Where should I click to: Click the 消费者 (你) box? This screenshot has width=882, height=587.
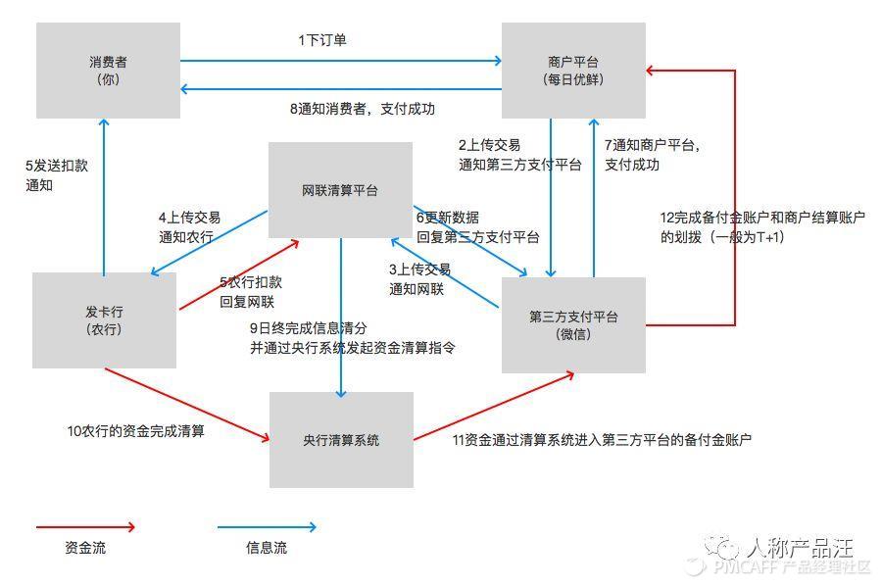tap(108, 71)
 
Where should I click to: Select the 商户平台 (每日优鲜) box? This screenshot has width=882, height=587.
tap(573, 71)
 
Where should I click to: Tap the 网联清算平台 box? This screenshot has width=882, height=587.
tap(340, 190)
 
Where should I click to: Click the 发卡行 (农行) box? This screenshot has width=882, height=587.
tap(104, 320)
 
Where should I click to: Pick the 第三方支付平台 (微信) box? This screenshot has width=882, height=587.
tap(573, 324)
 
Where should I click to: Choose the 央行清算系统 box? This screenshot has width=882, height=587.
tap(341, 440)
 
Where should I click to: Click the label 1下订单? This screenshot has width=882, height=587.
tap(322, 40)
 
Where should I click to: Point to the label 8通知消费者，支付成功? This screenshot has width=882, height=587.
tap(362, 109)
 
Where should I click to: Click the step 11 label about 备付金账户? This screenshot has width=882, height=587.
tap(602, 440)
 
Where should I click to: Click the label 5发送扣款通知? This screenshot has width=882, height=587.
tap(56, 174)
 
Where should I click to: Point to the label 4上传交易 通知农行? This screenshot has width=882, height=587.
tap(189, 226)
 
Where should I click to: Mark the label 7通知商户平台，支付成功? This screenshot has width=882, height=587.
tap(652, 155)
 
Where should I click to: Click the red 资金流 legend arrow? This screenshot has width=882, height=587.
tap(85, 527)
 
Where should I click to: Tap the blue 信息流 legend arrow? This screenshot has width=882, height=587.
tap(267, 527)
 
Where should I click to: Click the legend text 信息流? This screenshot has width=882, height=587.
tap(267, 549)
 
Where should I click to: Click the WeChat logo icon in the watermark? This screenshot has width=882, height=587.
tap(726, 546)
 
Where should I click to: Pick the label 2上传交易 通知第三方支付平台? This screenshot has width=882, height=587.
tap(518, 155)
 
